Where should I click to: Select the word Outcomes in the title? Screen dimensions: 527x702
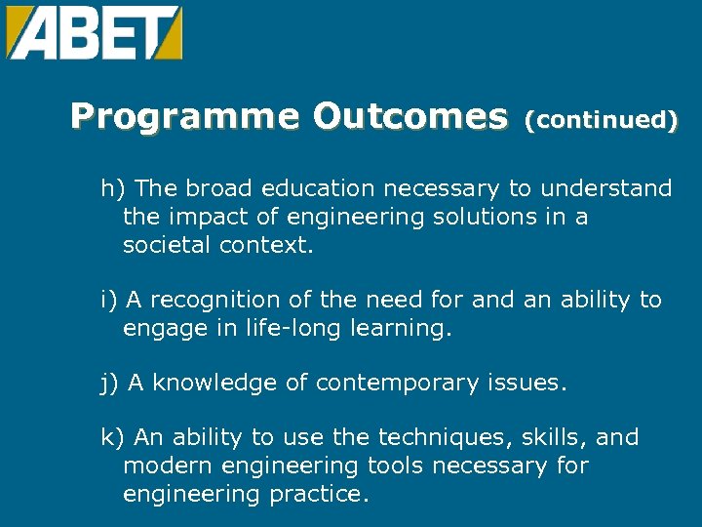(410, 118)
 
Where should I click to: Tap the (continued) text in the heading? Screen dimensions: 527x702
(601, 121)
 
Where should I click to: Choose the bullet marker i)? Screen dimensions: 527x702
(109, 301)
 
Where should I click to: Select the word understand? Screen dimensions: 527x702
(606, 188)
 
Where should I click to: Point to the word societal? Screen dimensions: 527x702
(167, 245)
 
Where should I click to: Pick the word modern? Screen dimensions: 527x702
(162, 466)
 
